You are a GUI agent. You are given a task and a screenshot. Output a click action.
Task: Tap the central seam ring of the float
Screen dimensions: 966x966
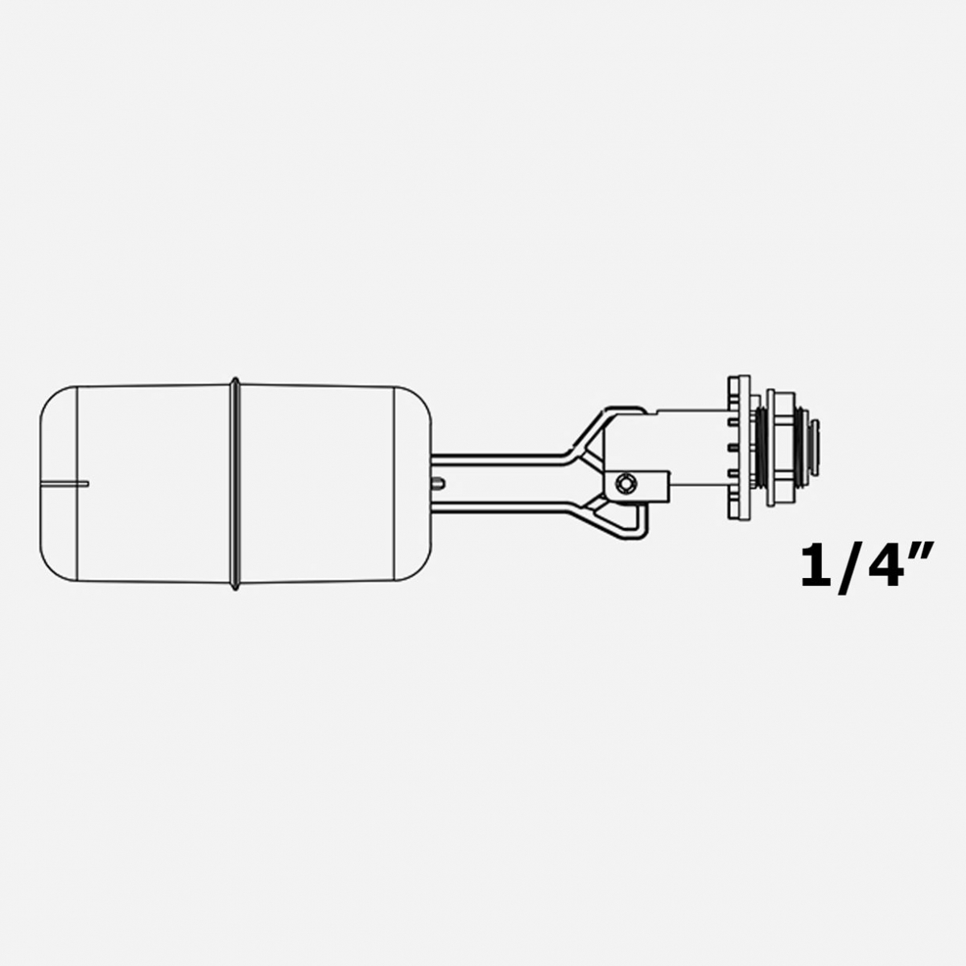[235, 484]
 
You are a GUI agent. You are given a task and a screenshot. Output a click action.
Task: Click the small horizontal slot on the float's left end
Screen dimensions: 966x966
[64, 484]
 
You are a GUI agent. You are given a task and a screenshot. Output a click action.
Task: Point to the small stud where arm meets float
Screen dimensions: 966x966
[438, 483]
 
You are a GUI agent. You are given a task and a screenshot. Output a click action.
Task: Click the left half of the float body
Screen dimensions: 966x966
[155, 484]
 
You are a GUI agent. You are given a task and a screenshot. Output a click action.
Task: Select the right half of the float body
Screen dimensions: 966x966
[317, 484]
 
